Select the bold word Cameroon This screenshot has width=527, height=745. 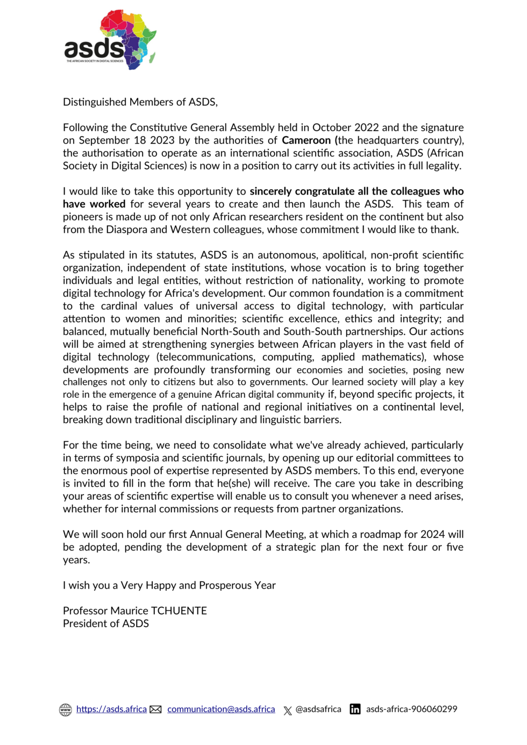[x=307, y=140]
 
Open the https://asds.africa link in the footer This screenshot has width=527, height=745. [x=111, y=709]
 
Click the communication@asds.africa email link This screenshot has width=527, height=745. [x=221, y=709]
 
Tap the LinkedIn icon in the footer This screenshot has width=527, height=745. [x=355, y=709]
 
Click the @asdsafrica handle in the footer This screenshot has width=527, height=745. [x=318, y=709]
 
